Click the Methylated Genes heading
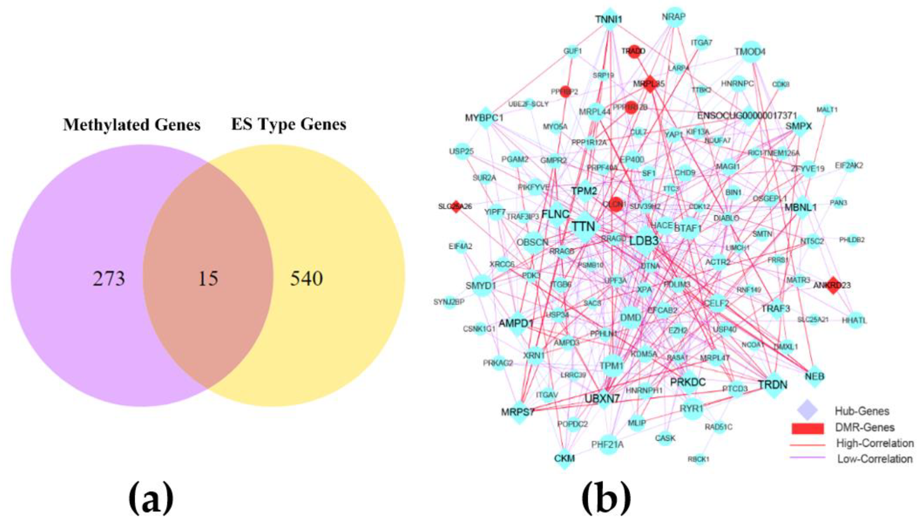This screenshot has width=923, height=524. [x=132, y=125]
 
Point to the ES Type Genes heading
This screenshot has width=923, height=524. [x=289, y=125]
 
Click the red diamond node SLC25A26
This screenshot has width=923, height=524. [x=456, y=207]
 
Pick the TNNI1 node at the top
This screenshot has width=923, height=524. [x=609, y=19]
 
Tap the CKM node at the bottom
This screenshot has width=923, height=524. [x=564, y=458]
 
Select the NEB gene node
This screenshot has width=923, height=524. [x=814, y=376]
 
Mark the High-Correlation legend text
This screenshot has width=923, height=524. [x=875, y=443]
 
